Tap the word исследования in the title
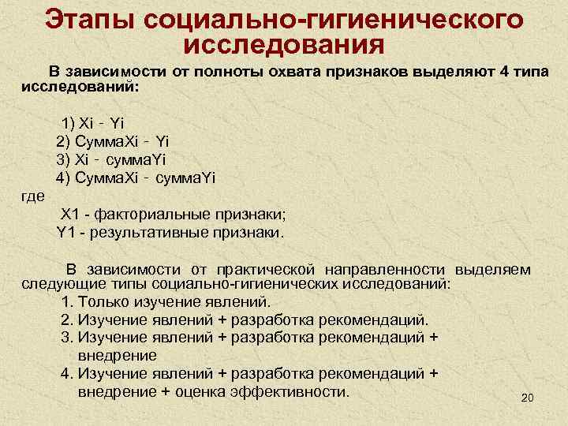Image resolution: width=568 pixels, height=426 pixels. (282, 47)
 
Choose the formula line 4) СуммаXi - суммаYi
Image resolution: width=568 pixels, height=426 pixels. (135, 177)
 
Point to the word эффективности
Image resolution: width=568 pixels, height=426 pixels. (297, 391)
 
